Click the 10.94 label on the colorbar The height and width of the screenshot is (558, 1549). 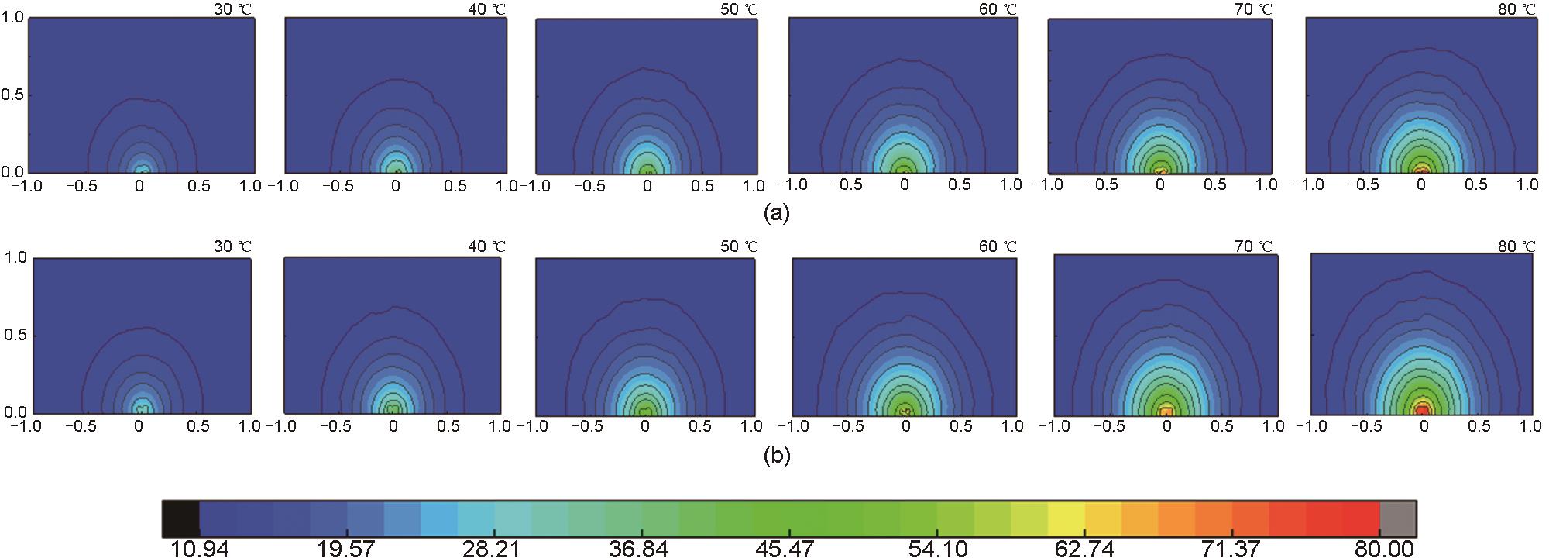pyautogui.click(x=198, y=549)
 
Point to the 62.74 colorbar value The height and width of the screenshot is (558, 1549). pyautogui.click(x=1084, y=549)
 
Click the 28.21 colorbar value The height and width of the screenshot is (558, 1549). pyautogui.click(x=492, y=549)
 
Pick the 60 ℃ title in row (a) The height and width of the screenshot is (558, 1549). pyautogui.click(x=998, y=9)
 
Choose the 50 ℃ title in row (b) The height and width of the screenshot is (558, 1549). pyautogui.click(x=739, y=246)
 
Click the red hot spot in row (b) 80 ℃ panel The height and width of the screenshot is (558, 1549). pyautogui.click(x=1423, y=408)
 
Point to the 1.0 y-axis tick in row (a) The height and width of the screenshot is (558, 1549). pyautogui.click(x=13, y=17)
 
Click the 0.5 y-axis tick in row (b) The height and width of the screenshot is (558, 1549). pyautogui.click(x=13, y=336)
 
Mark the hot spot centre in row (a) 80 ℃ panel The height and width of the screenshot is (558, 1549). pyautogui.click(x=1421, y=168)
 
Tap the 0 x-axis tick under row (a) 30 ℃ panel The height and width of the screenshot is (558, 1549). pyautogui.click(x=139, y=186)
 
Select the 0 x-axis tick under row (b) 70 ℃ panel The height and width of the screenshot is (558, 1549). pyautogui.click(x=1167, y=426)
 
